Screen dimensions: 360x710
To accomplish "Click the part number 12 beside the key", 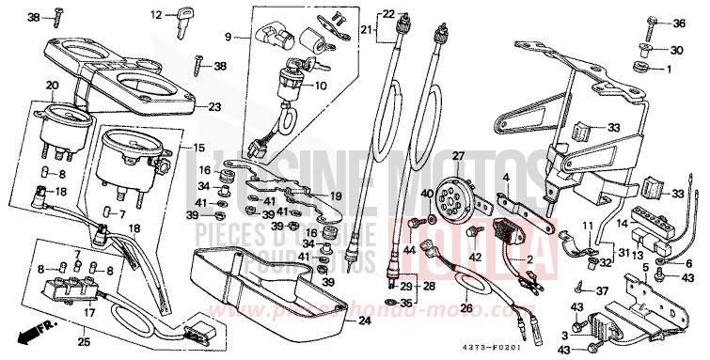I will pos(157,14).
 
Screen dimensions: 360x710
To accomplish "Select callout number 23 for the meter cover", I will pos(214,107).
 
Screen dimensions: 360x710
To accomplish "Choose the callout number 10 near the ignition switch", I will pos(321,86).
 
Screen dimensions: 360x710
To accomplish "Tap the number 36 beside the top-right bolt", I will pos(679,23).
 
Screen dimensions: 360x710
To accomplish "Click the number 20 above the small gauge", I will pos(52,86).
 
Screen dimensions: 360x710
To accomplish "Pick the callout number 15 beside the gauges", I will pos(198,149).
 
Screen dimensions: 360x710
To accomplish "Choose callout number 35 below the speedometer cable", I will pos(405,305).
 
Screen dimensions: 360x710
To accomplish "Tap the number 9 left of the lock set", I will pos(227,37).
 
